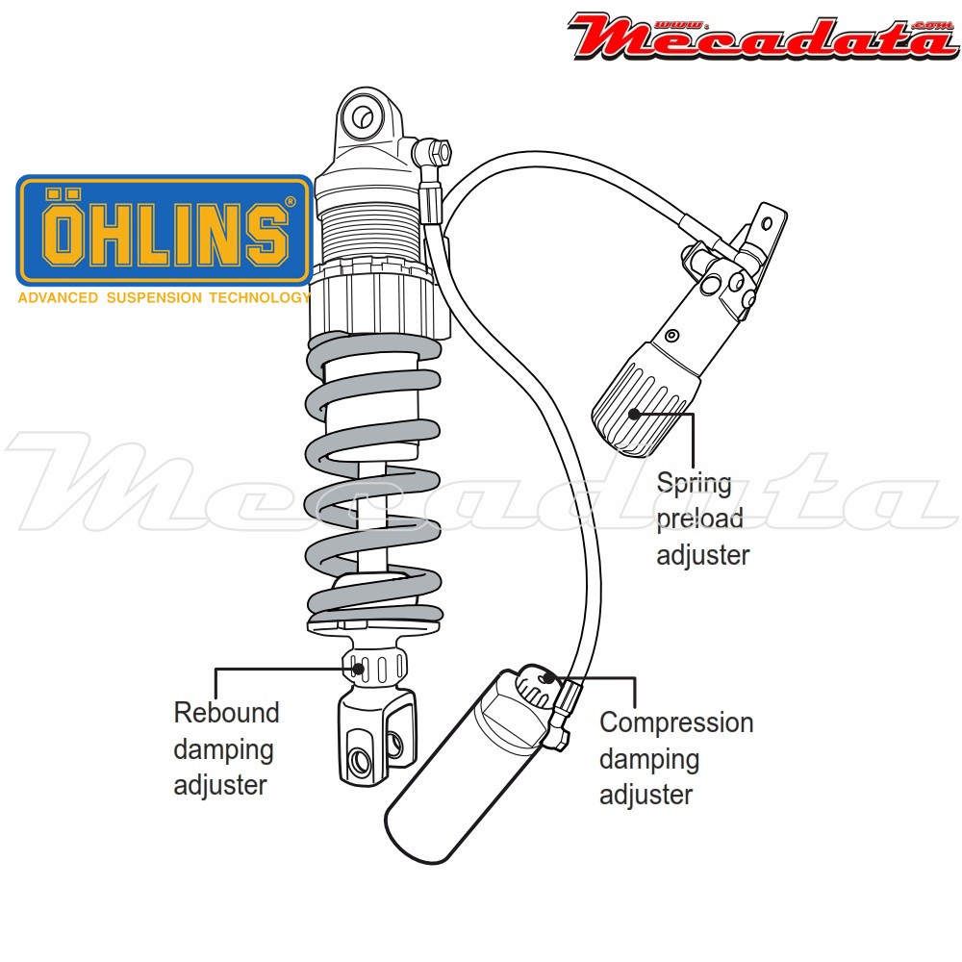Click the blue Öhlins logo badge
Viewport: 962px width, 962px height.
165,231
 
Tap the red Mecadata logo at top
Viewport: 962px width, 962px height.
763,37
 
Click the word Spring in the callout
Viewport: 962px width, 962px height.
694,484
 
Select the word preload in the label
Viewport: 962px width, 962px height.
699,519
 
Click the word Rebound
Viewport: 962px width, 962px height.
226,713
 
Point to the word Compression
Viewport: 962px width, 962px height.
676,722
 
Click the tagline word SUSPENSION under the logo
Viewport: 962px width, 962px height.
154,298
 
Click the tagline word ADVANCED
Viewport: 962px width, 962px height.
58,298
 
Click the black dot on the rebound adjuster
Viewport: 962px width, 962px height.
359,669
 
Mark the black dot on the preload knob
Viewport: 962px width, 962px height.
634,414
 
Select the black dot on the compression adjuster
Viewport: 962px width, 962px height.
549,677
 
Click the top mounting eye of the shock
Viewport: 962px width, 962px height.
362,116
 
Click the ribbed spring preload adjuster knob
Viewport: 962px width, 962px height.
645,401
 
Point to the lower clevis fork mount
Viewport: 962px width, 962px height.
375,736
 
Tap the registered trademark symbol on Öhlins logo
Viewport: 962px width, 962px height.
291,201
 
